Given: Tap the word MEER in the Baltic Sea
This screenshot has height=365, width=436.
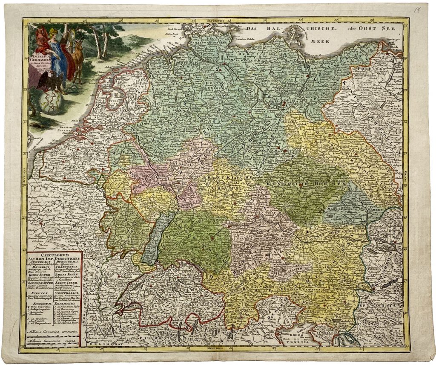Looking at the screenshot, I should [x=317, y=42].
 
